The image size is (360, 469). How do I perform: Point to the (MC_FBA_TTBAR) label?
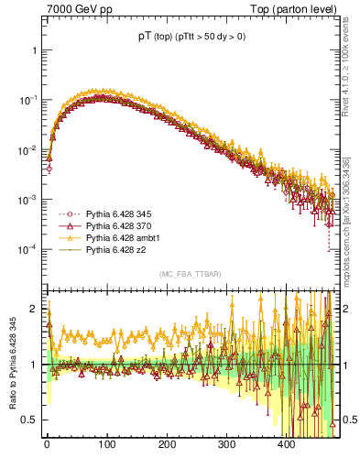pyautogui.click(x=191, y=275)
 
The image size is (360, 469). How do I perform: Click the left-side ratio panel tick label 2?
pyautogui.click(x=35, y=309)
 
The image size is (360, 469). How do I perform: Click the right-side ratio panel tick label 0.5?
pyautogui.click(x=346, y=420)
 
